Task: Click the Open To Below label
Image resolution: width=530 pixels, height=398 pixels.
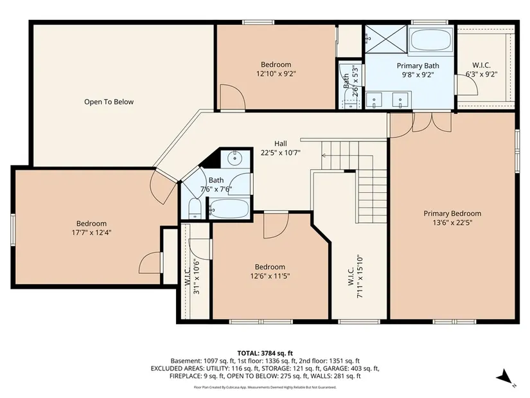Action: point(109,102)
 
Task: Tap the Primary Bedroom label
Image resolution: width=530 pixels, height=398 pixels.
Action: point(452,213)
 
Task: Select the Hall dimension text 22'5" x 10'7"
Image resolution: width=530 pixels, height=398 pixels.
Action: point(281,152)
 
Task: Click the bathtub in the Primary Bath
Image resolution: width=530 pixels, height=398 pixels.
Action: point(430,41)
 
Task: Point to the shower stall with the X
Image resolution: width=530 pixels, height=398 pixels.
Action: point(385,39)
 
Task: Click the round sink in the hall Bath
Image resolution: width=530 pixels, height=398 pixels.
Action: point(234,158)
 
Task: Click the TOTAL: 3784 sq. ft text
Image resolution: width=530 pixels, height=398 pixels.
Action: point(265,354)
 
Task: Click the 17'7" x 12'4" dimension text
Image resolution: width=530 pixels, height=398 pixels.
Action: point(91,233)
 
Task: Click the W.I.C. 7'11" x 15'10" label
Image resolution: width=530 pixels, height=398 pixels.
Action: point(355,276)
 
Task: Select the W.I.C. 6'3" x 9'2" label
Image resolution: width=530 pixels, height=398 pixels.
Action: point(481,69)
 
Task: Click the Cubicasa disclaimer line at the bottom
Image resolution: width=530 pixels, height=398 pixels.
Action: point(265,387)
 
